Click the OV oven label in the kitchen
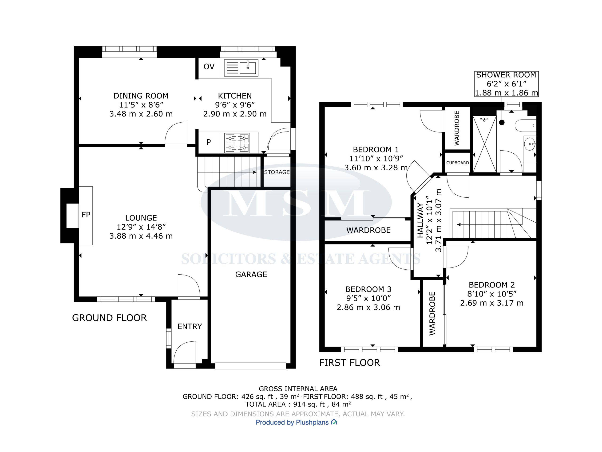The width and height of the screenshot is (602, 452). pos(209,66)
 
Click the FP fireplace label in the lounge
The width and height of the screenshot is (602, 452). pos(86,215)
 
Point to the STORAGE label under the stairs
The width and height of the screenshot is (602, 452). pos(277,172)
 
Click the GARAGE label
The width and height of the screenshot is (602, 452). pos(251,274)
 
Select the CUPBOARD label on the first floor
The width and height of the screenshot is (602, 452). pos(457,163)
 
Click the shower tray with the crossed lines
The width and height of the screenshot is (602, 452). pos(485,144)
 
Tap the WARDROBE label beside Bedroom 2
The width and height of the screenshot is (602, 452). pos(432,313)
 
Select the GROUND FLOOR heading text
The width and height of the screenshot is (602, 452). pos(109,318)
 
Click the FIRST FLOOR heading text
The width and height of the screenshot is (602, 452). pos(349,363)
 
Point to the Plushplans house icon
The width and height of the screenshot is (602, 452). pos(334,422)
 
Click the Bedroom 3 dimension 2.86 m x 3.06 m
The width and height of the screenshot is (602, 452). pos(368,308)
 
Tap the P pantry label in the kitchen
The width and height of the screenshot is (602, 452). pos(209,142)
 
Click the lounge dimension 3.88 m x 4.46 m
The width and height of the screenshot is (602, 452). pos(141,236)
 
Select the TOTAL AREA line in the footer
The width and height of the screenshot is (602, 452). pos(298,404)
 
